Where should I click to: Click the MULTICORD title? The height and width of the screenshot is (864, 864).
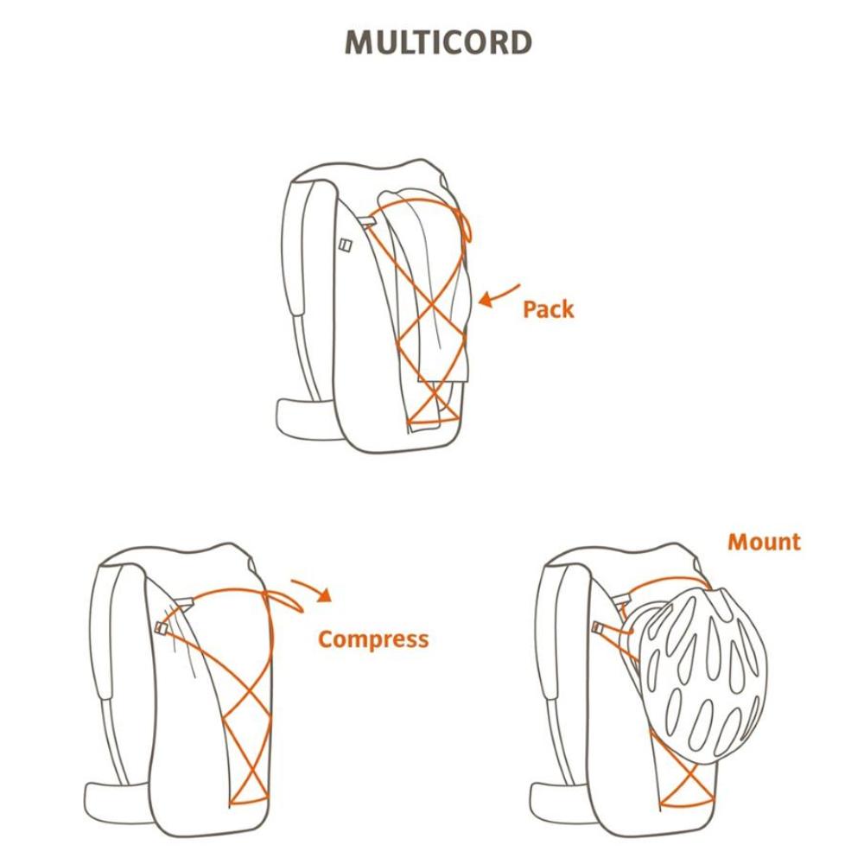coord(438,42)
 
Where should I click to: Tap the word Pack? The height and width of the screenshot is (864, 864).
coord(549,309)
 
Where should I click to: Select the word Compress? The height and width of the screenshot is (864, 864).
coord(373,640)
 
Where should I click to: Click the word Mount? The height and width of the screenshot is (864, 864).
coord(764,543)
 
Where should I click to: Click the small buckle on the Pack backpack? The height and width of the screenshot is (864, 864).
coord(346,245)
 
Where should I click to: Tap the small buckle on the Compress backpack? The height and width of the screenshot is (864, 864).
coord(162,627)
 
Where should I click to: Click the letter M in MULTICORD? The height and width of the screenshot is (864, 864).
coord(359,42)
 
